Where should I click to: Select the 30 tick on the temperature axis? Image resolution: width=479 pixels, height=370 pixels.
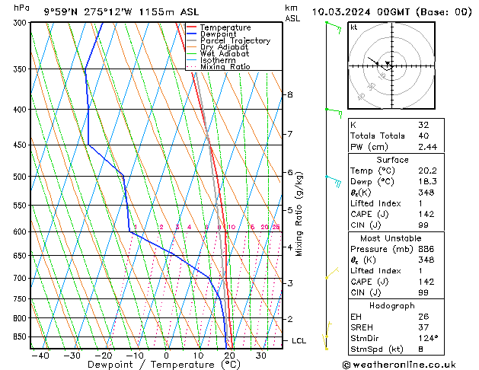tap(261, 356)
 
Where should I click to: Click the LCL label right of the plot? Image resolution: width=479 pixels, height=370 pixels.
tap(299, 340)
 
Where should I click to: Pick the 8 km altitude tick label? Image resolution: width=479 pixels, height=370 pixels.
tap(289, 94)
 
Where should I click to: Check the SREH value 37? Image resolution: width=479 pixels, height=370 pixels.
tap(425, 326)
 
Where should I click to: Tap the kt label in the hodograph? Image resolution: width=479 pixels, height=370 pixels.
tap(353, 27)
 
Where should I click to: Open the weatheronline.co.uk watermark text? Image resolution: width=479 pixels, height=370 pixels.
tap(410, 363)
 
